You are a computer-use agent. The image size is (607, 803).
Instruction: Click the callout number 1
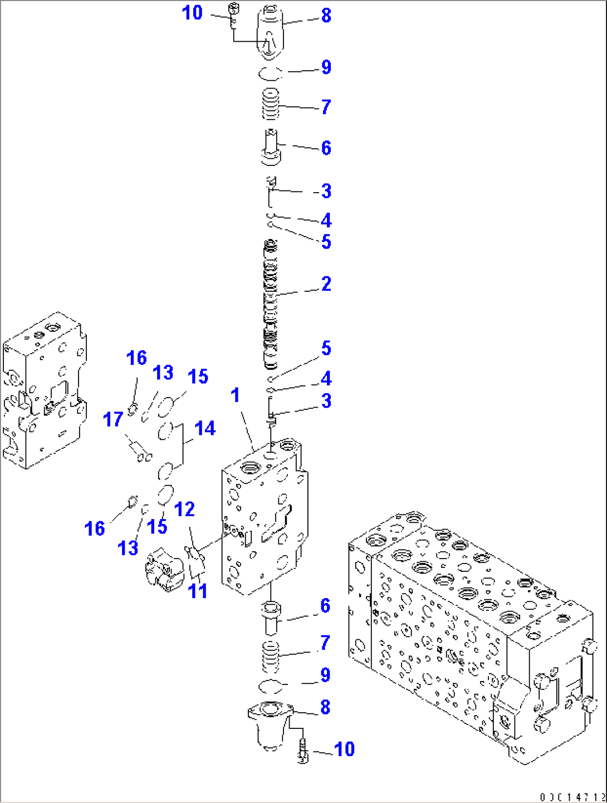tap(235, 395)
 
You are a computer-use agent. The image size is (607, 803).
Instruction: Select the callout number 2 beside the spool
tap(326, 283)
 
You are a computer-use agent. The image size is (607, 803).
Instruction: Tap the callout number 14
tap(205, 428)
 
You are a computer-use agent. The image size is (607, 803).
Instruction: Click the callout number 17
tap(113, 419)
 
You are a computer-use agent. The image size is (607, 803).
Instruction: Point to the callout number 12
tap(184, 509)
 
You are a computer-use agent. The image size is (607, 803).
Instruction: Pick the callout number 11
tap(198, 590)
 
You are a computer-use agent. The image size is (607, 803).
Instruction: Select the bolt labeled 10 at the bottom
tap(302, 749)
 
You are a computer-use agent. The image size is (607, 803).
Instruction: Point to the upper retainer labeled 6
tap(271, 148)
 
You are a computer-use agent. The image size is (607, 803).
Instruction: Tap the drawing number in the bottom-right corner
tap(572, 796)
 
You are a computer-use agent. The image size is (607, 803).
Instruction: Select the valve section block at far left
tap(43, 390)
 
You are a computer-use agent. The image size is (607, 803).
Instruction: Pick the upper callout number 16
tap(136, 358)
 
